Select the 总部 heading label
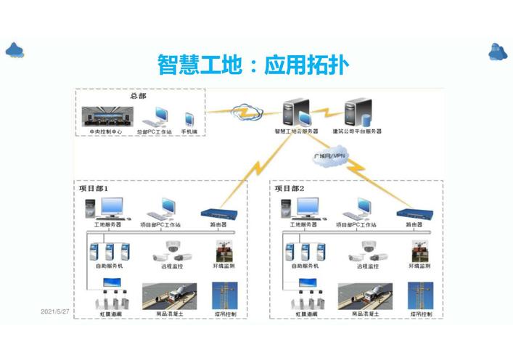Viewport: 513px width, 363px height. point(138,96)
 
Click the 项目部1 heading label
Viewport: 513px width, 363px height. point(94,189)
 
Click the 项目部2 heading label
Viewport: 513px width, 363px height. point(290,189)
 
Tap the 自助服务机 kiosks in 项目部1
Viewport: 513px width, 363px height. point(109,252)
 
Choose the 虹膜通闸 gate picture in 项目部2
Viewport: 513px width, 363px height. point(305,298)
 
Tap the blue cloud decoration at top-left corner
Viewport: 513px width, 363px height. point(15,50)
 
